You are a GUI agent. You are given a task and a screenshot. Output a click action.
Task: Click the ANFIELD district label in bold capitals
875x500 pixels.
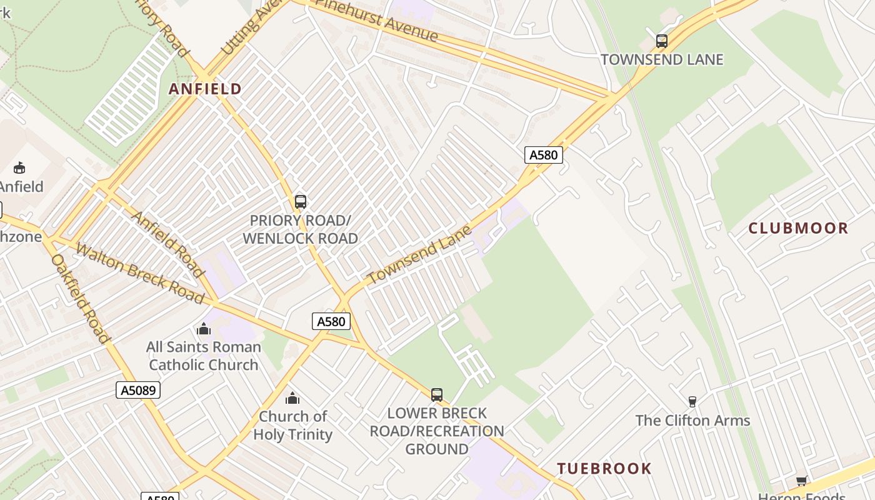point(205,89)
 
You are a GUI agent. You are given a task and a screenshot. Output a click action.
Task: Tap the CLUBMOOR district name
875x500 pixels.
point(798,228)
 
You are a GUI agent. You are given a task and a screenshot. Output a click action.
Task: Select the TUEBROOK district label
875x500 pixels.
point(604,468)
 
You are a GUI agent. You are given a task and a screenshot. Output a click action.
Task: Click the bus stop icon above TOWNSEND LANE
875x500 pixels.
point(662,41)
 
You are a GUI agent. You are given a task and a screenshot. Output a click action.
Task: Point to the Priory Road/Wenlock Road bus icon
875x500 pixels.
point(301,202)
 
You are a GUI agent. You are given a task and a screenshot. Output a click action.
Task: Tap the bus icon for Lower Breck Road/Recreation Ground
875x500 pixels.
point(437,395)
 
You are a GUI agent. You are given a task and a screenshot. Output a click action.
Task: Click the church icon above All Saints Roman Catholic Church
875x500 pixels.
point(204,329)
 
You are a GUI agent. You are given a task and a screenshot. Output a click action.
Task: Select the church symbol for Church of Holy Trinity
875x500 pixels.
point(292,398)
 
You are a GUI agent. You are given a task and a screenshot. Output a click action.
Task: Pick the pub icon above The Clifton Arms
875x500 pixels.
point(692,401)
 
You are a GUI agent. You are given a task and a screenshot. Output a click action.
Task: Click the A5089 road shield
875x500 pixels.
point(138,391)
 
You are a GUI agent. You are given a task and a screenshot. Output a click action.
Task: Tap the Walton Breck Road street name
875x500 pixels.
point(139,274)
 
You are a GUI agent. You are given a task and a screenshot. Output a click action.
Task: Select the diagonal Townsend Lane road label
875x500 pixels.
point(419,256)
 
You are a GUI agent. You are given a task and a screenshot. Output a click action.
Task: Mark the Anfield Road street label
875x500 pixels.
point(168,244)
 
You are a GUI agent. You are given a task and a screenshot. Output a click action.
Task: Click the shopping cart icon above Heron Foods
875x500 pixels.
point(801,481)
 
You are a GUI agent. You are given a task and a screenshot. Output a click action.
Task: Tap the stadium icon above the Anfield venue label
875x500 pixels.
point(19,167)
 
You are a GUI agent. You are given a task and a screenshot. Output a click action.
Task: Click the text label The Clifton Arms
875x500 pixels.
point(692,421)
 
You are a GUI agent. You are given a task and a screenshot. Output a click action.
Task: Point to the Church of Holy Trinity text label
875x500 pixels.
point(292,425)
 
